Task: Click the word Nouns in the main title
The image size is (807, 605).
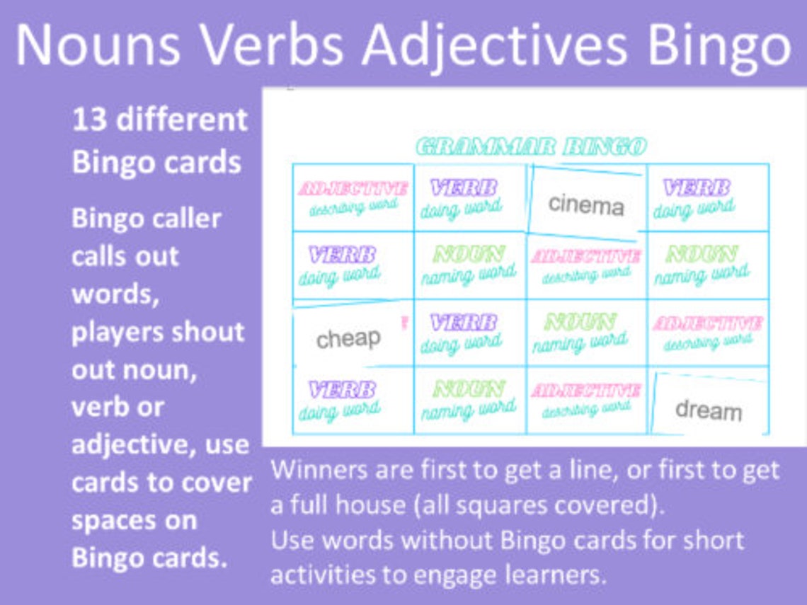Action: pos(99,44)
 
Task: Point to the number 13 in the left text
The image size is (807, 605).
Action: pos(89,120)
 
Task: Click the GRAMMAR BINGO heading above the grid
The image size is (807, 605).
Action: pos(531,146)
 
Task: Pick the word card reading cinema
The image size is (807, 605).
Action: pos(586,204)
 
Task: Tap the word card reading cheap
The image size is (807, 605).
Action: pos(348,338)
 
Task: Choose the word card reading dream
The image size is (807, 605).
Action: pos(708,409)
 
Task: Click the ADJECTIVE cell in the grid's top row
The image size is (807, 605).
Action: pos(353,197)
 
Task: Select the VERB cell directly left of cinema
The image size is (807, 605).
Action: pos(464,197)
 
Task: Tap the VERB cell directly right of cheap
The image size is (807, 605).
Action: pos(464,332)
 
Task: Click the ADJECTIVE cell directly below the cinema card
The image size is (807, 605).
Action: pos(586,264)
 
